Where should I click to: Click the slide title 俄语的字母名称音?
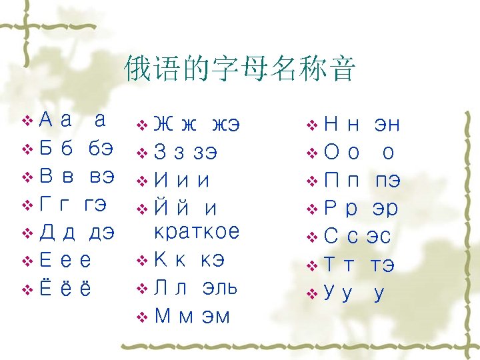[240, 69]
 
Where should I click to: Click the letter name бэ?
[101, 149]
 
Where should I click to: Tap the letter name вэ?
[101, 177]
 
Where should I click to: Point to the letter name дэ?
[101, 233]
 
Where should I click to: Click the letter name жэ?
[225, 124]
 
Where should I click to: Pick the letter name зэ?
[204, 152]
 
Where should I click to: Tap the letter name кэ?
[209, 259]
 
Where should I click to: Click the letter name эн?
[387, 124]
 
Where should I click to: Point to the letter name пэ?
[387, 180]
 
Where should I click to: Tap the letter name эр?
[385, 208]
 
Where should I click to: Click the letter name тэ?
[382, 264]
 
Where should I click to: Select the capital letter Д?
[47, 233]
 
